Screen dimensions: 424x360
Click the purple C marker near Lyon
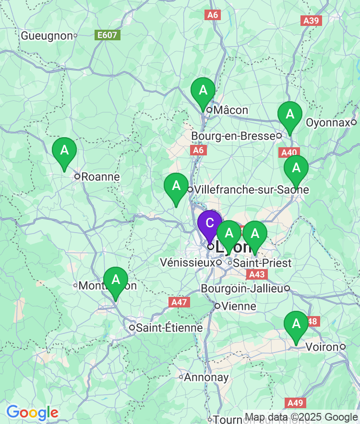210,224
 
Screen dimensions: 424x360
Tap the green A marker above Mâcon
203,90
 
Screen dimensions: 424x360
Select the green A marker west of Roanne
64,151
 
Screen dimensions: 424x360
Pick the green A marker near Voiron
296,324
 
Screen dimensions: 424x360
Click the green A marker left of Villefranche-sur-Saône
176,186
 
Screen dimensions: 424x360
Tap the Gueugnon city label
47,35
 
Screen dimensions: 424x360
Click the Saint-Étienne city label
169,328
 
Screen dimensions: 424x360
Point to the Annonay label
206,377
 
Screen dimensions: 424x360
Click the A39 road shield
312,21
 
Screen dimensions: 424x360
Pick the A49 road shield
294,402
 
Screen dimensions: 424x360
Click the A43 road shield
256,274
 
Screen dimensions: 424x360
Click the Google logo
32,412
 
